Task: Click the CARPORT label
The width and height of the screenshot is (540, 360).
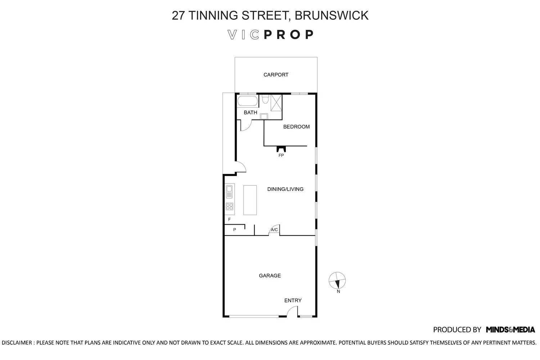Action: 276,75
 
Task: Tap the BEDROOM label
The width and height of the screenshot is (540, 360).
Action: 296,127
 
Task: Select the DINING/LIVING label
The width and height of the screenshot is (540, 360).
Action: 285,189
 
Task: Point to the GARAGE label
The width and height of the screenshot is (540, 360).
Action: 270,276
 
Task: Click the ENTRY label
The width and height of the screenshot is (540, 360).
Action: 293,301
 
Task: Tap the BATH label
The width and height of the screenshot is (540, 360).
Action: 250,113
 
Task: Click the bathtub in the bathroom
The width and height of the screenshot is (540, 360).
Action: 247,101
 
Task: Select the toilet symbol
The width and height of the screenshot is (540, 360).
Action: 265,99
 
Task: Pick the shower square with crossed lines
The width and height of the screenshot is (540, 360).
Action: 276,103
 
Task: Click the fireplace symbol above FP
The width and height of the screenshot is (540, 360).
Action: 281,149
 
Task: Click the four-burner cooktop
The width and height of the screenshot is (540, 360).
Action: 229,207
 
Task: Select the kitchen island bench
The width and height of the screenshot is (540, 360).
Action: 250,200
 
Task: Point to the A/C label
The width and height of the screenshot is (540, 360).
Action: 274,230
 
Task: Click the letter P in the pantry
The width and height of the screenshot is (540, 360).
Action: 234,230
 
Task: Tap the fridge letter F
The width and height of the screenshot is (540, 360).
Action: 229,219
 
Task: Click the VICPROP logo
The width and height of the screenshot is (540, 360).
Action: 271,35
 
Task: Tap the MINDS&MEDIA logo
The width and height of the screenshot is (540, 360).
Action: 510,329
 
